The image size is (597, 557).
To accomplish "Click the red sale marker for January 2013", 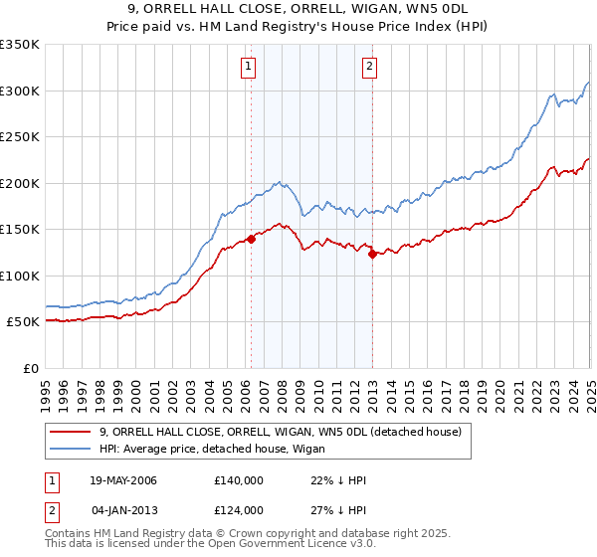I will tap(371, 254).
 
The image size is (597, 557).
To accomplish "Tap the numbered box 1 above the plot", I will tap(247, 67).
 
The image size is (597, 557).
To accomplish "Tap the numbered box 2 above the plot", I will tap(369, 67).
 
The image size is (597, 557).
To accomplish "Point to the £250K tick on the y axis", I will tap(20, 136).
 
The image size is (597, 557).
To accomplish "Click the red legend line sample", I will tap(70, 433).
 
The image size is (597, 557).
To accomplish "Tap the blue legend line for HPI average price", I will tap(70, 451).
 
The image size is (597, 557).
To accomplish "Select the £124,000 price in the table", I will tap(238, 510).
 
